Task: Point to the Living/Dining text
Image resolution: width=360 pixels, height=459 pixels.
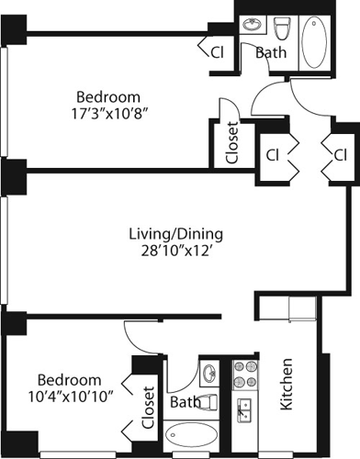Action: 176,232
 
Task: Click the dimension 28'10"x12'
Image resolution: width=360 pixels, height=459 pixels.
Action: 176,251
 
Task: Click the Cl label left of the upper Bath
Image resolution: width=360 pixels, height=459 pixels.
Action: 218,52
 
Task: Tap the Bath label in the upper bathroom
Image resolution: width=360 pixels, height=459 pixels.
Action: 270,52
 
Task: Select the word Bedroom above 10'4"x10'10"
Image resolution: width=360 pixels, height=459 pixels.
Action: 69,379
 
